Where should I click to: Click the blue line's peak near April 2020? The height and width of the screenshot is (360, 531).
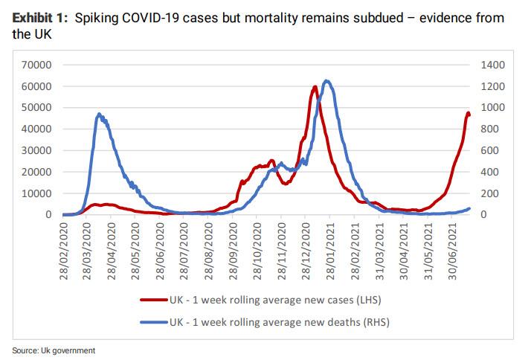coord(100,114)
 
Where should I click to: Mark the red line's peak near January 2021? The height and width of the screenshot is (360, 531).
coord(315,86)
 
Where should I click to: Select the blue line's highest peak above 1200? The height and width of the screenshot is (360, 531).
coord(326,80)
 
